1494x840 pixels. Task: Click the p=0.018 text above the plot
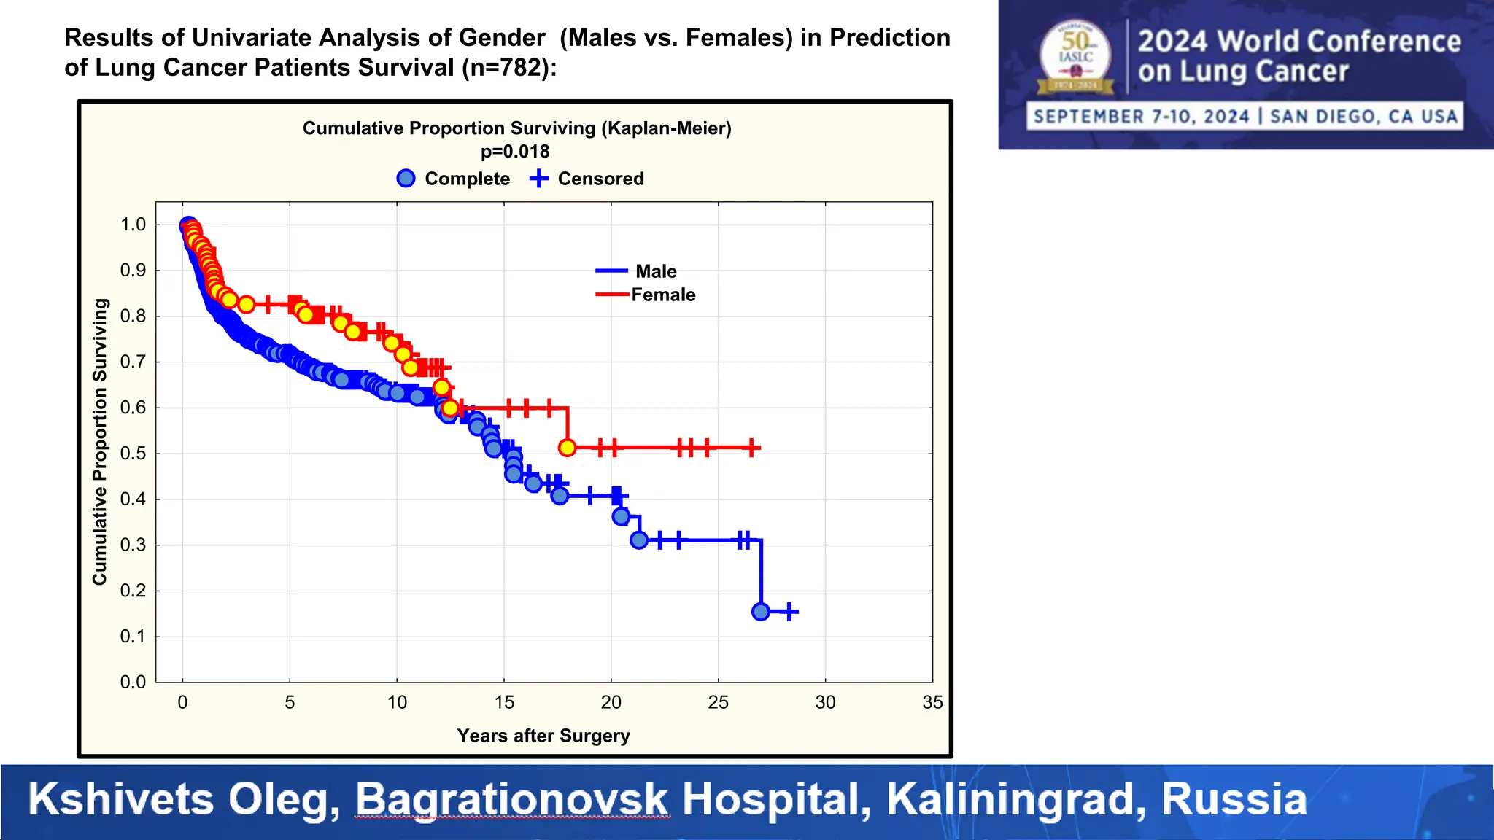tap(515, 152)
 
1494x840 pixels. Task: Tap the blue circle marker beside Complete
tap(406, 179)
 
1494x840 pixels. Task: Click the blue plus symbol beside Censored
tap(538, 179)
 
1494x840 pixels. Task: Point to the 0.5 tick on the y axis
tap(133, 454)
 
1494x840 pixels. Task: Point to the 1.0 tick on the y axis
tap(133, 225)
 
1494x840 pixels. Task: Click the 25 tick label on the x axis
tap(718, 702)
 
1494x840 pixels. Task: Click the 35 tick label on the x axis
tap(932, 702)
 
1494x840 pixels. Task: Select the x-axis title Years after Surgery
tap(543, 736)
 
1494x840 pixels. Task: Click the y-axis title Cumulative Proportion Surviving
tap(100, 441)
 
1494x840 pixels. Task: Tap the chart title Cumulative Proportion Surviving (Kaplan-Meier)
tap(516, 128)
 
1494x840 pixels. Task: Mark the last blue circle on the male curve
tap(760, 612)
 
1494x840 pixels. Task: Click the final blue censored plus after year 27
tap(789, 612)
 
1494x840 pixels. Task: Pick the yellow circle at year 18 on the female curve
tap(567, 448)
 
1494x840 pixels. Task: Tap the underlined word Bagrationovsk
tap(511, 799)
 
